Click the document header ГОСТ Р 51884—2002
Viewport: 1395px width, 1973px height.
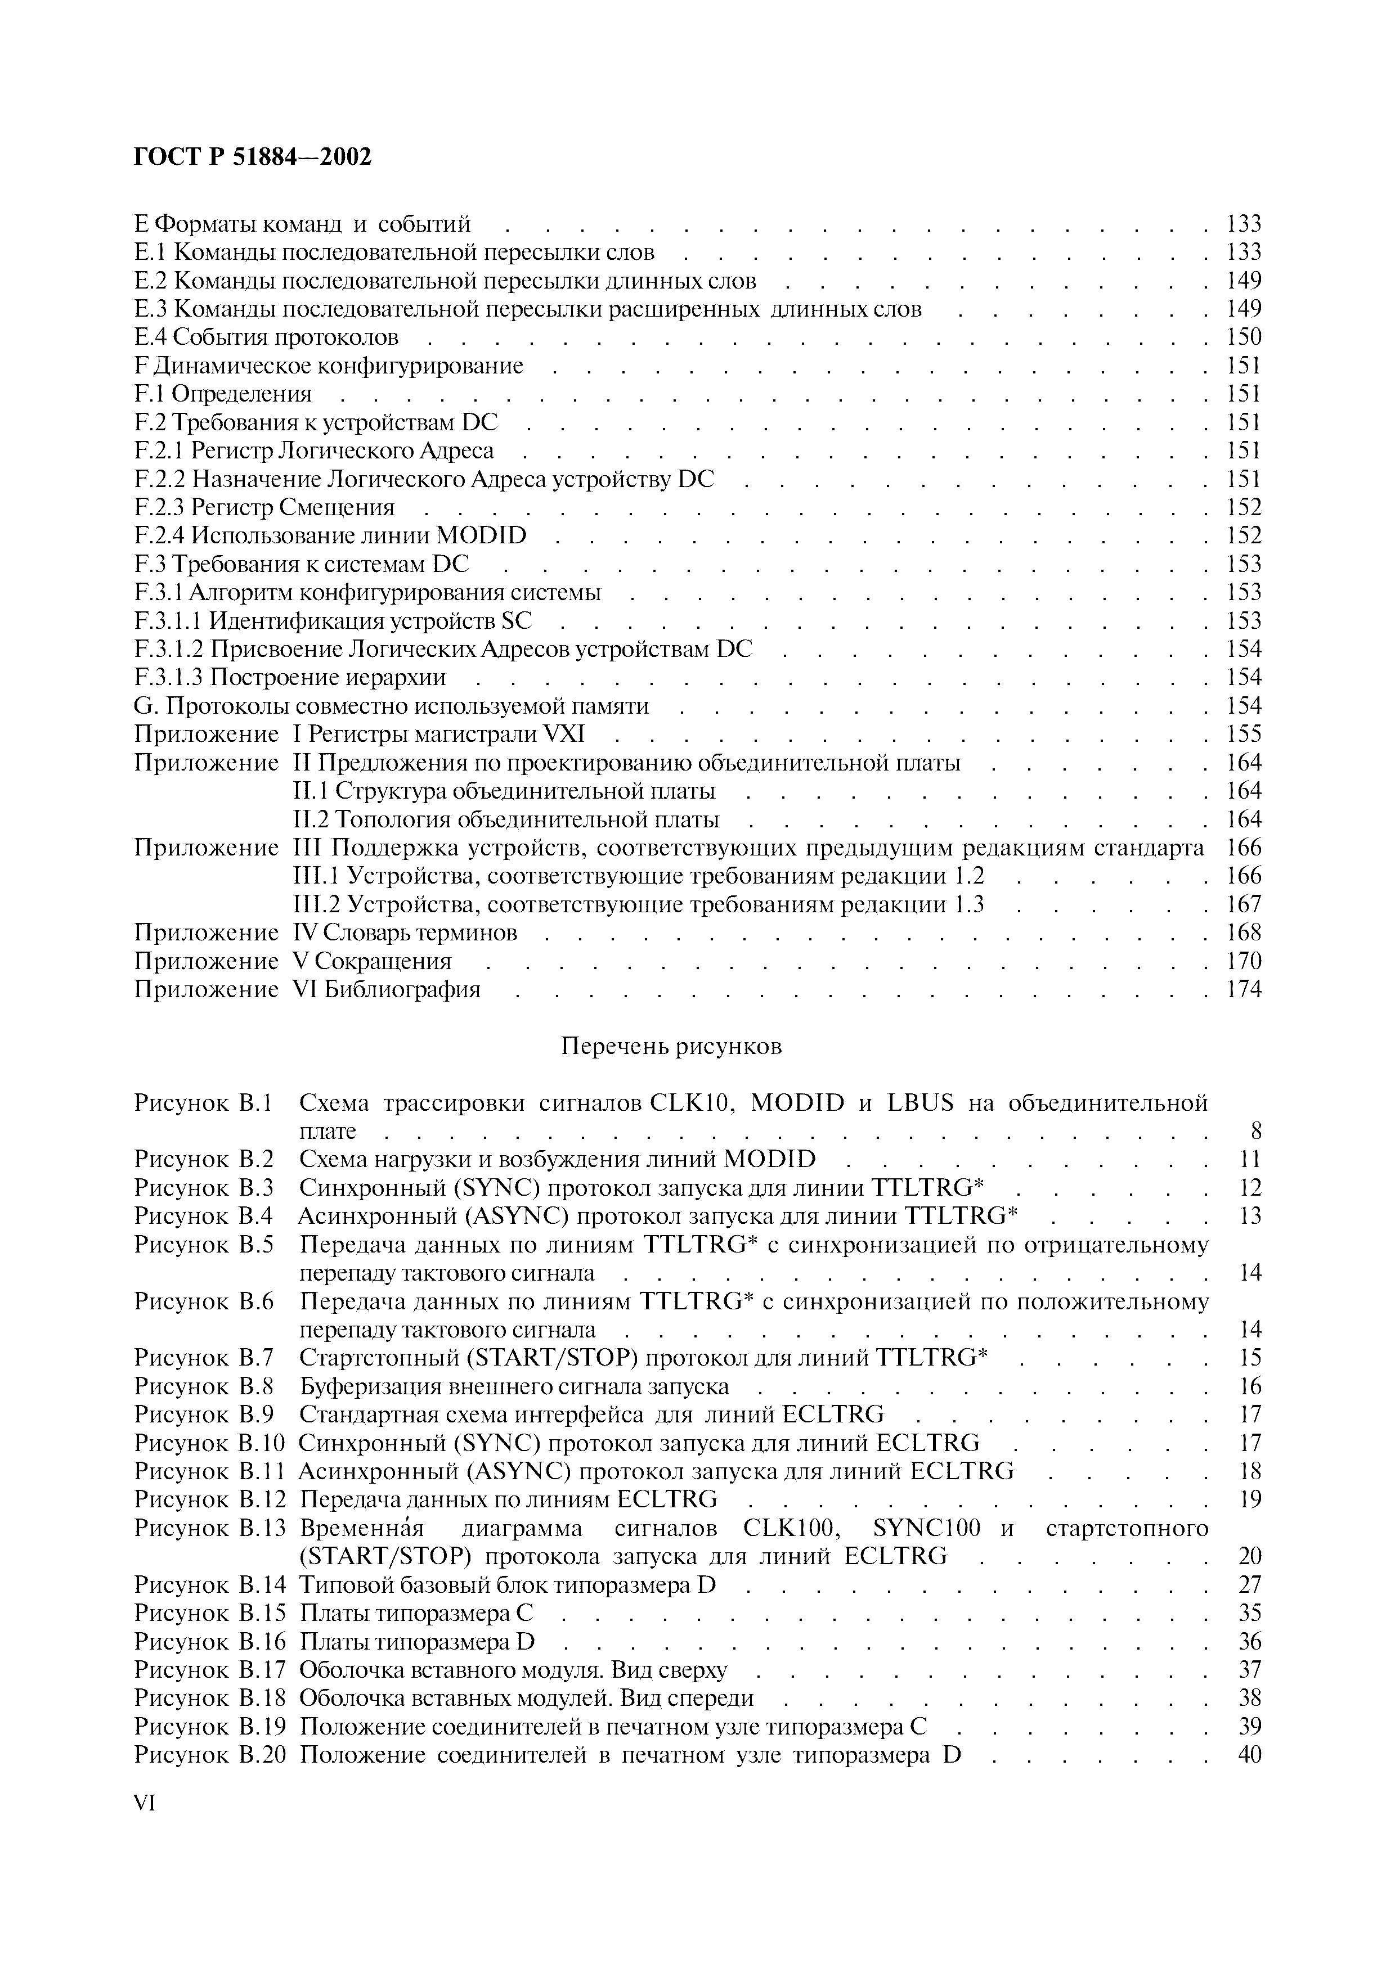[x=254, y=157]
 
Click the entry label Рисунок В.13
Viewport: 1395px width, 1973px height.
[x=209, y=1529]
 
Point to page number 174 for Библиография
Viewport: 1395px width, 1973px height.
[x=1244, y=989]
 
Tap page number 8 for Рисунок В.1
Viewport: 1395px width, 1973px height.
[x=1255, y=1131]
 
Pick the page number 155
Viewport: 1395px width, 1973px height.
[x=1244, y=734]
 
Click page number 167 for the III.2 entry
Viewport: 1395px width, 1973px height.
[x=1244, y=904]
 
